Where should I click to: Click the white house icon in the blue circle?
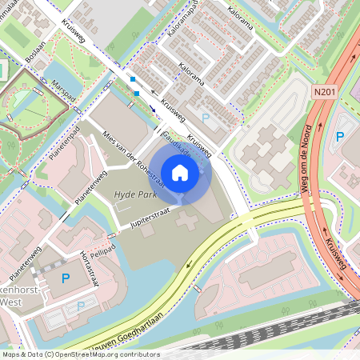[x=180, y=173]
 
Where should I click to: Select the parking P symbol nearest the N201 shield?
[x=340, y=138]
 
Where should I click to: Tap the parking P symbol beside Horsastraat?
[x=66, y=278]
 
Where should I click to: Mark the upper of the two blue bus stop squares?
[x=133, y=79]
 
